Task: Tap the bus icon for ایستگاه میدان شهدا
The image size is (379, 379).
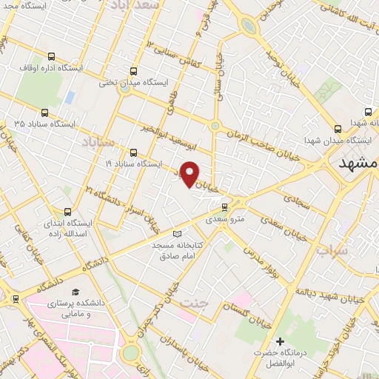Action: click(x=338, y=127)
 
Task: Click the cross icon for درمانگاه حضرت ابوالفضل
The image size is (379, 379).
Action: click(x=280, y=341)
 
